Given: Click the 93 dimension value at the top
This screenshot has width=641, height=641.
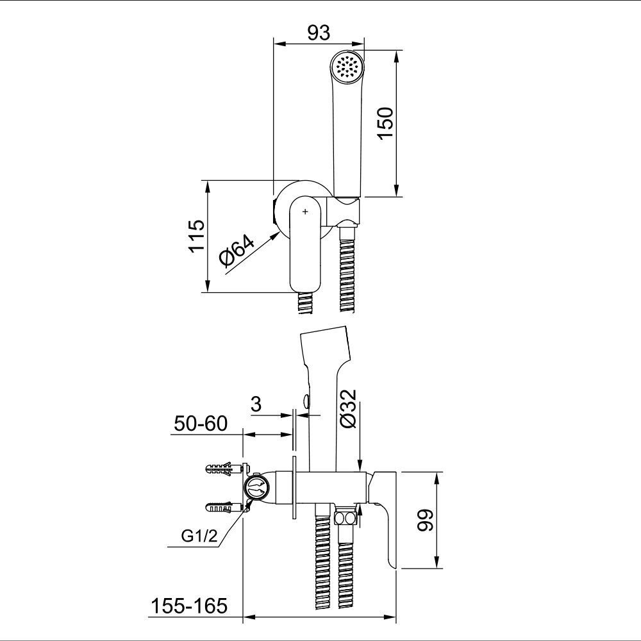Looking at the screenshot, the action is point(319,33).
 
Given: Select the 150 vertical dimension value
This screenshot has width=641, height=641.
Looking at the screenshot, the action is point(385,124).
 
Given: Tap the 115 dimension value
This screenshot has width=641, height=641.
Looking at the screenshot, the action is point(196,237).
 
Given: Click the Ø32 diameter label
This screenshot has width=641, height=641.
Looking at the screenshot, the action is point(349,408).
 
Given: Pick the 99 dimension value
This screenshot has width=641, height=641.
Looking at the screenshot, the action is point(425,520).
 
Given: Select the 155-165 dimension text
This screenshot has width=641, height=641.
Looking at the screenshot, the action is point(189,606).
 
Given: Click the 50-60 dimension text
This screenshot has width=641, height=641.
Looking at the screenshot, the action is point(201,424).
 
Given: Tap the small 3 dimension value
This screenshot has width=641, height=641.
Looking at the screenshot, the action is point(256,404).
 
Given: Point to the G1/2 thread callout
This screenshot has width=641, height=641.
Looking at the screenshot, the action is point(199,536).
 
